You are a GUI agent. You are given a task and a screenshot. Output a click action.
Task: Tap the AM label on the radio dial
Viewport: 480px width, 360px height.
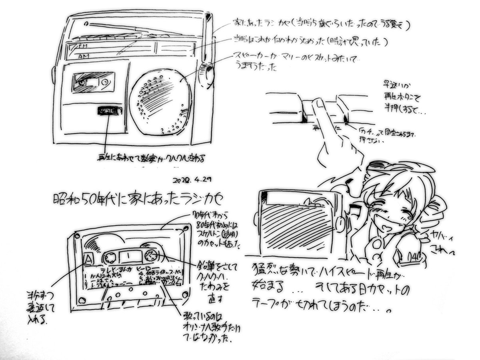click(x=83, y=56)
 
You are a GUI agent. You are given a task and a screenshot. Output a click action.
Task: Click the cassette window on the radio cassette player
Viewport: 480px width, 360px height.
click(x=93, y=82)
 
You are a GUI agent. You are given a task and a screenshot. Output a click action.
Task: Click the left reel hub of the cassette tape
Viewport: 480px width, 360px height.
click(x=110, y=256)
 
